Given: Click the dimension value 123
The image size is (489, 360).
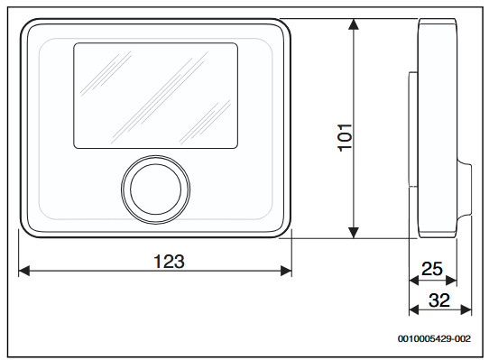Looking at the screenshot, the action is click(169, 262).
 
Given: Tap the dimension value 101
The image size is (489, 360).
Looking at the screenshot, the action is click(346, 137).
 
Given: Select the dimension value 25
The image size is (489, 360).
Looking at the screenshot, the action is click(432, 269).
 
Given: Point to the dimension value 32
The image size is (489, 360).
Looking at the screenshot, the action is click(439, 300).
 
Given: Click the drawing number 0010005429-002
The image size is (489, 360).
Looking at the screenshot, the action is click(434, 338).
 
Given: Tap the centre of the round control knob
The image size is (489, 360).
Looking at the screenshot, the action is click(155, 189).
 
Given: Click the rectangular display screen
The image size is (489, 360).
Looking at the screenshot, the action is click(155, 96).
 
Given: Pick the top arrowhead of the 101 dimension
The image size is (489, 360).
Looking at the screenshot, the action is click(354, 24).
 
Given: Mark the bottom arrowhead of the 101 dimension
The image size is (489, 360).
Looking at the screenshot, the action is click(354, 233).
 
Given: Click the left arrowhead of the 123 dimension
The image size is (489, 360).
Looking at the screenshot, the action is click(24, 271).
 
